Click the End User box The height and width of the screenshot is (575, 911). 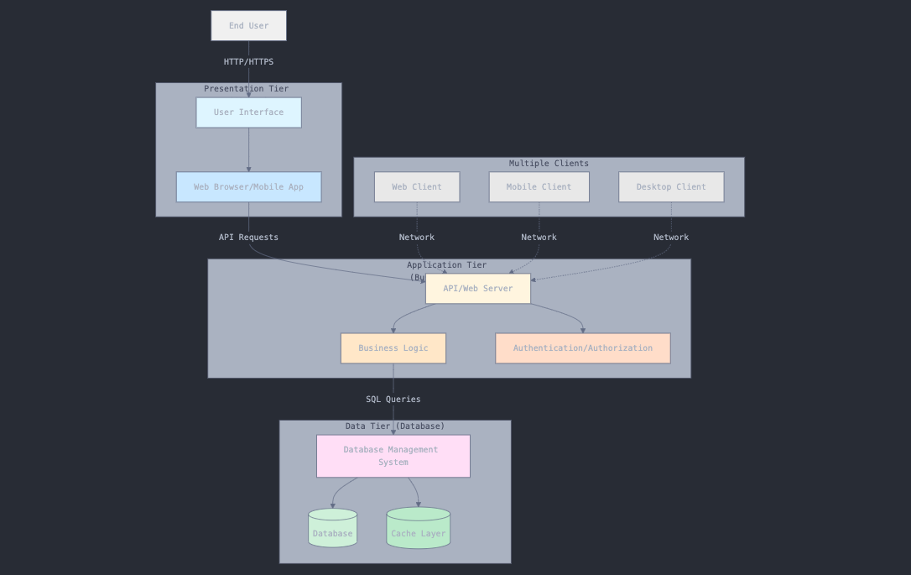click(248, 26)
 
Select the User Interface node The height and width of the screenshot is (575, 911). click(248, 112)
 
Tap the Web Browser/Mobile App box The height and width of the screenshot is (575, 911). click(248, 187)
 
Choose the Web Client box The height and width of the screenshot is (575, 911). click(417, 187)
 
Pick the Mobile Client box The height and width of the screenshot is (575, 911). click(539, 187)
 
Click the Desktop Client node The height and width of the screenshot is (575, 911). click(671, 187)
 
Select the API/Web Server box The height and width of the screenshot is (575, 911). click(478, 289)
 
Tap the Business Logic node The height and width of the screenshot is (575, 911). click(393, 348)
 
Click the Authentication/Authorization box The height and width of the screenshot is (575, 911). click(583, 348)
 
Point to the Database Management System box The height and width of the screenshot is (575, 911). click(393, 456)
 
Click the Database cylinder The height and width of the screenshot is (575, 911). click(333, 530)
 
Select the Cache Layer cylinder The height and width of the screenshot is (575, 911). click(419, 530)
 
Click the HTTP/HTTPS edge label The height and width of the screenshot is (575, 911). click(248, 62)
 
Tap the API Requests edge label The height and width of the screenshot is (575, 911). click(248, 238)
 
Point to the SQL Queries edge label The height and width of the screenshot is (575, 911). click(393, 400)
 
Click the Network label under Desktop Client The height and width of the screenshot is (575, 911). click(671, 238)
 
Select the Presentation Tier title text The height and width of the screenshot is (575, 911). click(246, 89)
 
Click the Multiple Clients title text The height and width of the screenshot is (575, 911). click(549, 164)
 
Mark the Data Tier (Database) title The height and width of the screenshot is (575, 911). click(395, 426)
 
